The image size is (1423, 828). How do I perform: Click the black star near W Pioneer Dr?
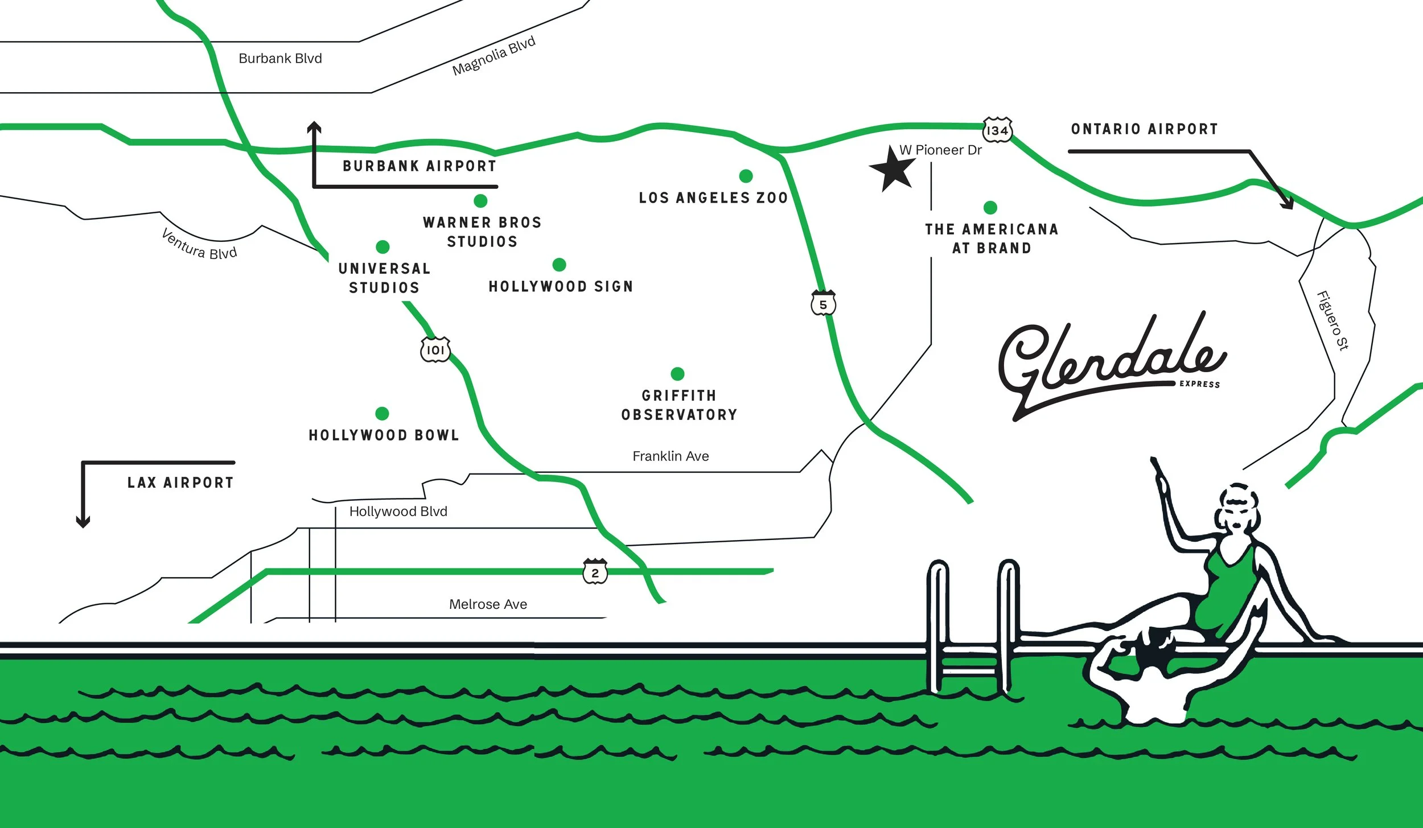893,170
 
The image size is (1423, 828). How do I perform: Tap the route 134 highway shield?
997,130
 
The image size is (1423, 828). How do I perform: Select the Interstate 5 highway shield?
823,303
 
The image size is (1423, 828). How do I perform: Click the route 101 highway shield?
435,349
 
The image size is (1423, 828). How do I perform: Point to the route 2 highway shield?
595,572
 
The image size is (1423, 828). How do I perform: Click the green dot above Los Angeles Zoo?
746,176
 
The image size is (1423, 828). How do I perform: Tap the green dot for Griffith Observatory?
677,373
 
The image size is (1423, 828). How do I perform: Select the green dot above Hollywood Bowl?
382,413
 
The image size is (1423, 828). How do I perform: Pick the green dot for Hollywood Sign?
559,265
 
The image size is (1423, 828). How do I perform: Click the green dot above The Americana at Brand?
990,207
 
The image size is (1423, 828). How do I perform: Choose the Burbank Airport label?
420,166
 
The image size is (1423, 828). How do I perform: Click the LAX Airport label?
180,483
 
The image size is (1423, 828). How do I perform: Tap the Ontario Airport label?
1144,129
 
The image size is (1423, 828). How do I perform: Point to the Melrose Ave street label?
488,604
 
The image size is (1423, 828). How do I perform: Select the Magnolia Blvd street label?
493,56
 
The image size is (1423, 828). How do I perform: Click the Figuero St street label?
1332,320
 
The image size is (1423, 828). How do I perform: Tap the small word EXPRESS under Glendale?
1199,384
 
